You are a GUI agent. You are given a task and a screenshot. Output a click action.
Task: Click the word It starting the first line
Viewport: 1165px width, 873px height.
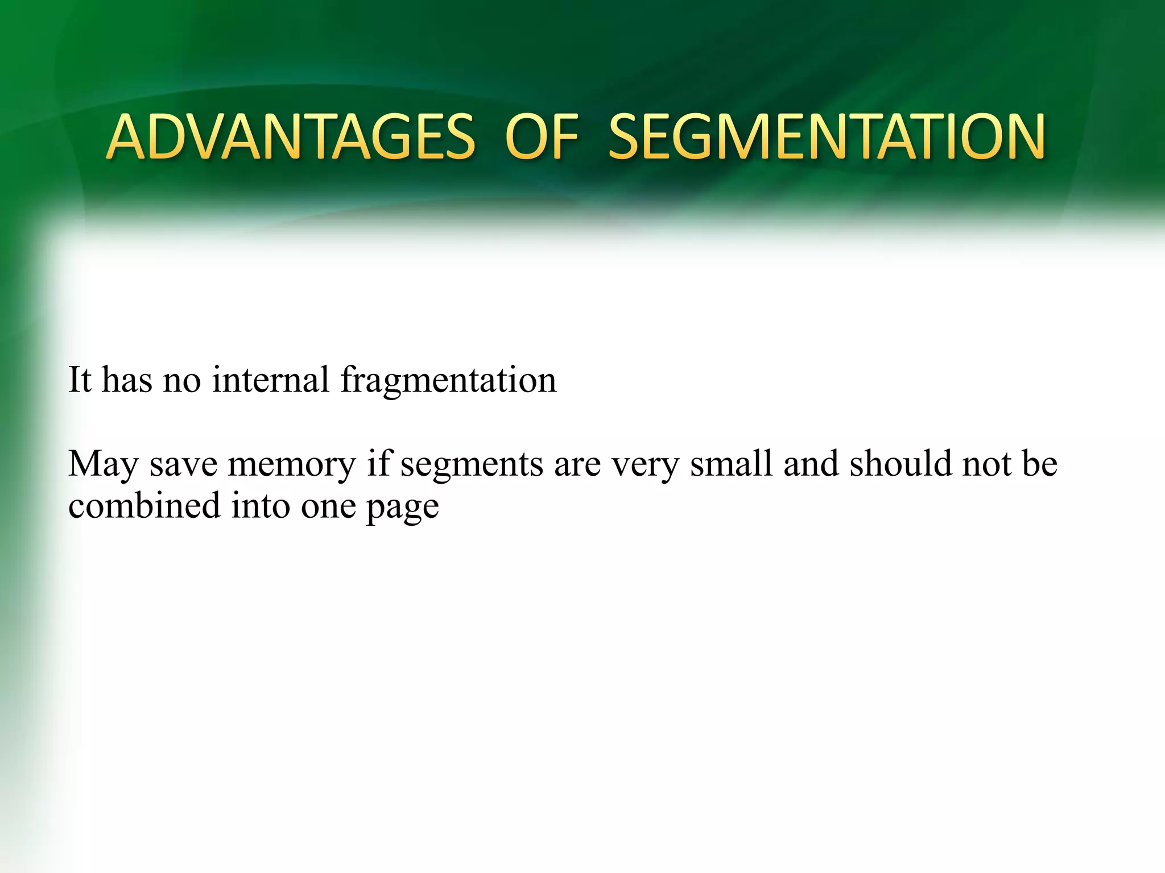pos(80,380)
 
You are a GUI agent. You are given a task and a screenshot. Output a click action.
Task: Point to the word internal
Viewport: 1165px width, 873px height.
pos(270,380)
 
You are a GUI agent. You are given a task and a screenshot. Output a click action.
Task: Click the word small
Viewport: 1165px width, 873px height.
pos(732,464)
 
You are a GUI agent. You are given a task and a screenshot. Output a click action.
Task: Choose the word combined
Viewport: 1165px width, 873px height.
pos(144,505)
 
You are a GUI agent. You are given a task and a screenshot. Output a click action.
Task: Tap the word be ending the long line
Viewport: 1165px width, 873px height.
pos(1039,464)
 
